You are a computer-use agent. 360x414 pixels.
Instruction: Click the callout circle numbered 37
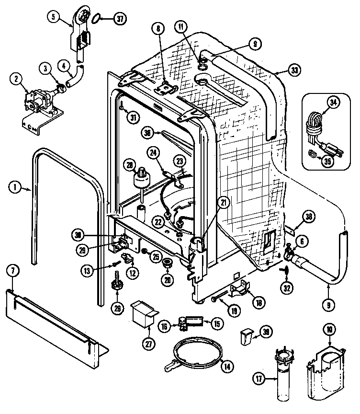[x=119, y=19]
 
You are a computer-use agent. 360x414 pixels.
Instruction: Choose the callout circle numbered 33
[x=295, y=70]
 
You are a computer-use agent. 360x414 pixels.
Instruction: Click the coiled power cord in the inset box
[x=314, y=122]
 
